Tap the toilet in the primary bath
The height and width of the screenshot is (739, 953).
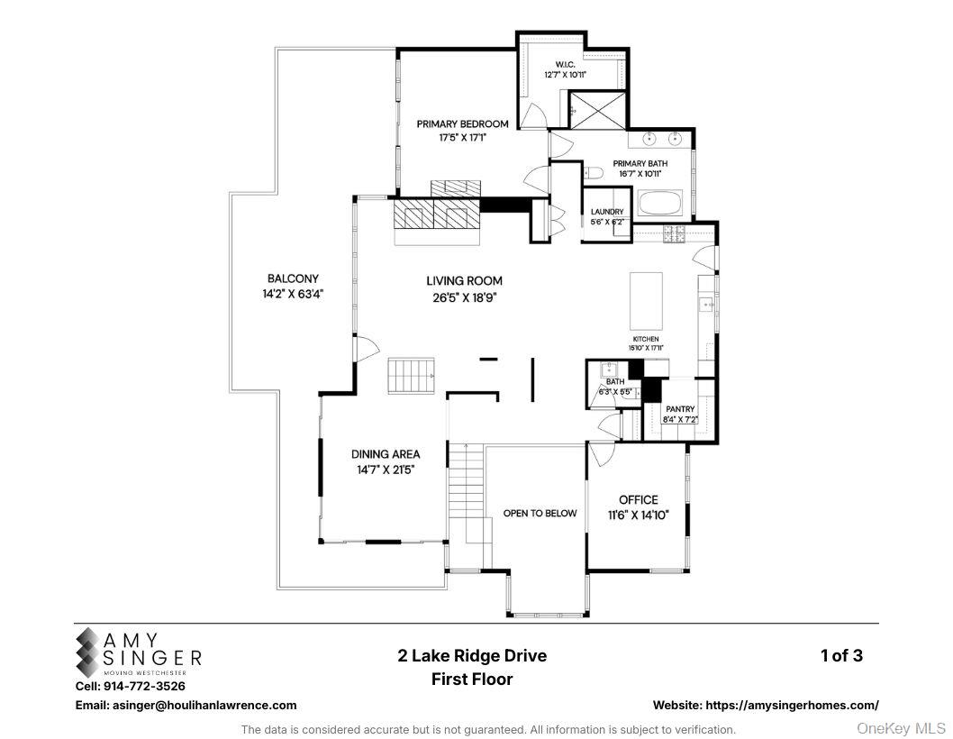[593, 172]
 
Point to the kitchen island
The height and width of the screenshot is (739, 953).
[646, 301]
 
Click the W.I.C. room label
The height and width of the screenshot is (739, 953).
[565, 64]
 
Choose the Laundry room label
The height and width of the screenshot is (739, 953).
[607, 212]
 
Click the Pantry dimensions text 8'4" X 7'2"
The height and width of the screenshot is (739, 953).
[680, 420]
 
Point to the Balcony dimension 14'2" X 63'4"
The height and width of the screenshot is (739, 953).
[292, 293]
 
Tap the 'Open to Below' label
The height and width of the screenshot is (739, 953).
[540, 513]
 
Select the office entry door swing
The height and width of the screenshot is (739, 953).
[602, 452]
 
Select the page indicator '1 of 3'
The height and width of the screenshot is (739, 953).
[841, 655]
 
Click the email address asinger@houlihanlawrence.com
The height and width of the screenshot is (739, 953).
[186, 705]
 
